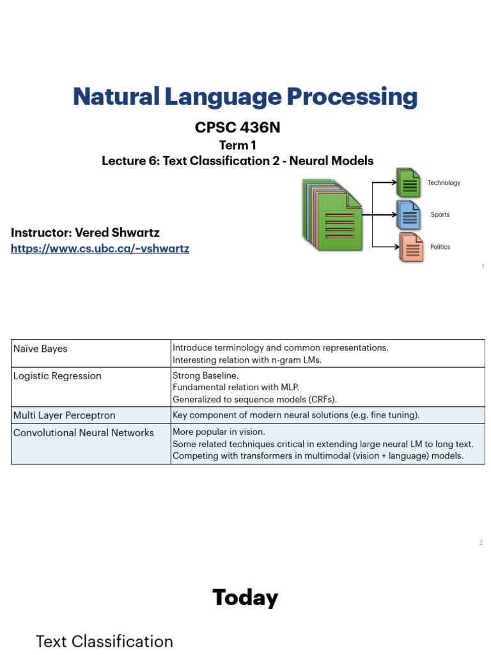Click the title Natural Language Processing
(x=245, y=97)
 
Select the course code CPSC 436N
(x=237, y=128)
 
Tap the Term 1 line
(x=237, y=145)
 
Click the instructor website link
(x=100, y=249)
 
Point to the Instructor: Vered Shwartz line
(x=85, y=232)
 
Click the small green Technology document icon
(x=409, y=183)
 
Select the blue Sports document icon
(x=409, y=215)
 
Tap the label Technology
(x=444, y=183)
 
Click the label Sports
(x=440, y=215)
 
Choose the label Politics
(x=440, y=247)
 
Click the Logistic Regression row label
(x=58, y=376)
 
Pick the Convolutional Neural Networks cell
(x=84, y=433)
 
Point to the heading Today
(x=245, y=598)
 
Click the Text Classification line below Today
(x=104, y=642)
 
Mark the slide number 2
(x=481, y=543)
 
